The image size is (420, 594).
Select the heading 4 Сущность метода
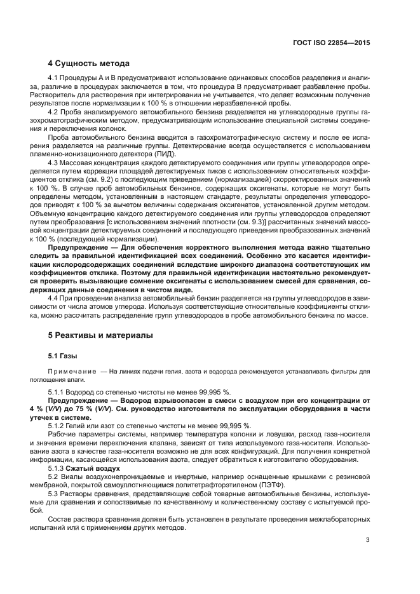click(90, 64)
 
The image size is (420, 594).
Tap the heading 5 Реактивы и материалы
click(100, 335)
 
